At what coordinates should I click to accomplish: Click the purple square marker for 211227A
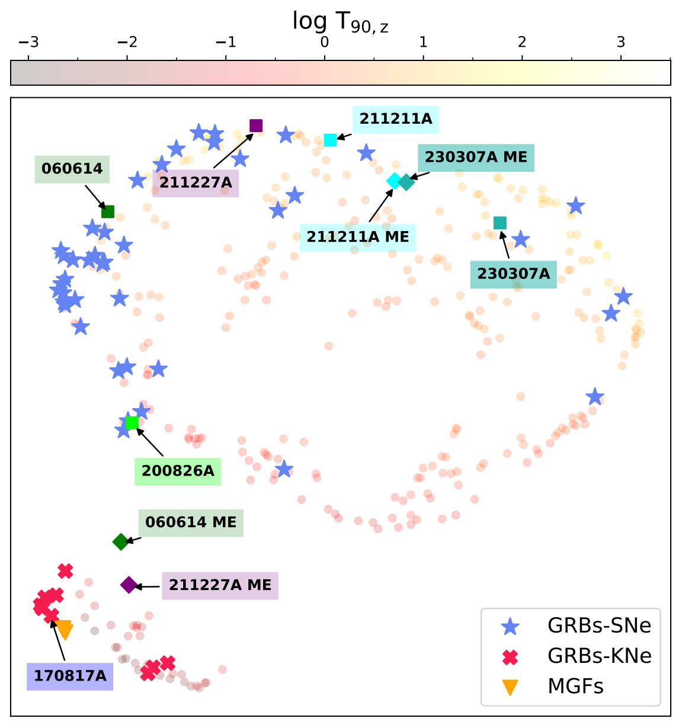point(256,126)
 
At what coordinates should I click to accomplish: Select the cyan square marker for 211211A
point(331,140)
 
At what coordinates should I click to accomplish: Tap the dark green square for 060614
point(108,211)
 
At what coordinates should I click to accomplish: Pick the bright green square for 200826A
point(132,422)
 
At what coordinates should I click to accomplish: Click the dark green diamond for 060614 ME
point(121,541)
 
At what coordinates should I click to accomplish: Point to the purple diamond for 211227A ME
point(129,585)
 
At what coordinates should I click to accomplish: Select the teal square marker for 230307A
point(500,223)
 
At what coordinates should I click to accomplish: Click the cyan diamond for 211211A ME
point(394,181)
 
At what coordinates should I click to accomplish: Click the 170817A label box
point(70,676)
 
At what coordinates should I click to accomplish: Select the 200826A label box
point(178,472)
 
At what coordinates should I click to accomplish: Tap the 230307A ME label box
point(476,158)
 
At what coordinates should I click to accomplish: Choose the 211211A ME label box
point(357,238)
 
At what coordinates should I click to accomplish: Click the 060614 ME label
point(191,522)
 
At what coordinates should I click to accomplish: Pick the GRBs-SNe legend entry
point(599,626)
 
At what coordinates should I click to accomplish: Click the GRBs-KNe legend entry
point(599,656)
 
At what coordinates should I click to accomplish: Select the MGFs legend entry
point(575,687)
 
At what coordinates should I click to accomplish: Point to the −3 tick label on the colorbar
point(28,42)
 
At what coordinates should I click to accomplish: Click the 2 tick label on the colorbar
point(522,42)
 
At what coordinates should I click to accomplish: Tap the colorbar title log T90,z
point(340,22)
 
